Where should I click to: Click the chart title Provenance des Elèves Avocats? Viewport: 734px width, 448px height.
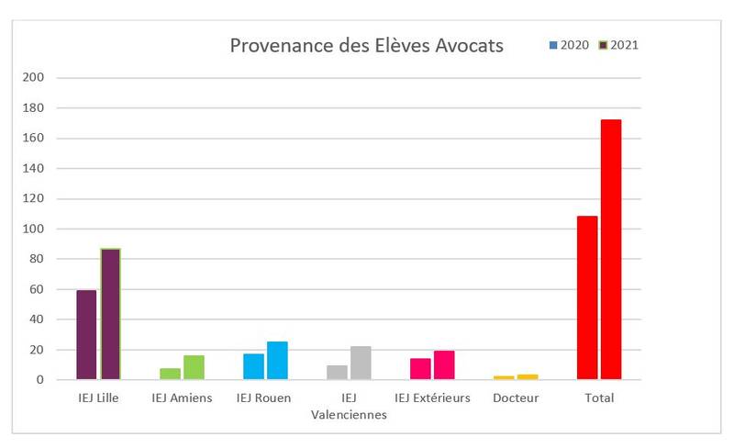click(x=366, y=45)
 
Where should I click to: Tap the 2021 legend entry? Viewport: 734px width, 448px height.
click(x=618, y=45)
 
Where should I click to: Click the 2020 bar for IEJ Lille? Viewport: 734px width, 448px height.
click(x=86, y=335)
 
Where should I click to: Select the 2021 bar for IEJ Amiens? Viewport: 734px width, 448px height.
click(x=194, y=367)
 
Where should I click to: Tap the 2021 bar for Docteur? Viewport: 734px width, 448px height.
click(x=528, y=376)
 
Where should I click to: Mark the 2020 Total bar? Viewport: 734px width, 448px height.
click(x=587, y=297)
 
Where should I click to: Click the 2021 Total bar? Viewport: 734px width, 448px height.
click(x=611, y=250)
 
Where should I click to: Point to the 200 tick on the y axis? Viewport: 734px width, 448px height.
click(x=33, y=78)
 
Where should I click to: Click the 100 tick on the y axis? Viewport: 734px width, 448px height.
click(x=33, y=229)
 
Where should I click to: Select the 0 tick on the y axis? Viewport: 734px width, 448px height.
click(x=39, y=380)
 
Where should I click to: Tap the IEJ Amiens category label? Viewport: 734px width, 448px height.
click(x=182, y=398)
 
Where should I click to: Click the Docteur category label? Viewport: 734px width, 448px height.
click(x=516, y=398)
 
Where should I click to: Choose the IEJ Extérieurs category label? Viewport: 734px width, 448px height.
click(x=432, y=398)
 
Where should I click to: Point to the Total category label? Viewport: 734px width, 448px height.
click(x=599, y=398)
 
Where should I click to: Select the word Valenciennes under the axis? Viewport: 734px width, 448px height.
click(x=349, y=414)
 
